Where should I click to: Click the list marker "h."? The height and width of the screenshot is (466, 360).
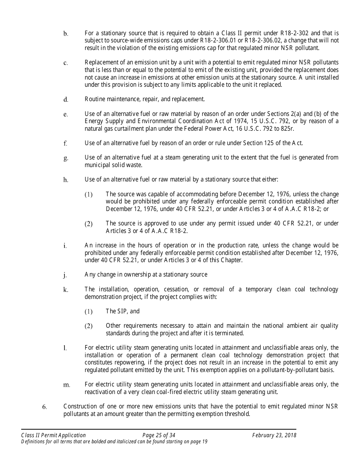[66, 180]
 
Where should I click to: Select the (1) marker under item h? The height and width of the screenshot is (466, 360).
[88, 195]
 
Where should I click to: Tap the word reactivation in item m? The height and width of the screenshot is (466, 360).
[100, 392]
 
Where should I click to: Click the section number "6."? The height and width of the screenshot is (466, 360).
[44, 407]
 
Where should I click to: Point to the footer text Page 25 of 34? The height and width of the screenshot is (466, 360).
[159, 435]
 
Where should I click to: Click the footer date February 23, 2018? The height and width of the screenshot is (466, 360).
[274, 435]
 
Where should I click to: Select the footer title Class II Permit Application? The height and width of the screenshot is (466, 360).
[53, 435]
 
